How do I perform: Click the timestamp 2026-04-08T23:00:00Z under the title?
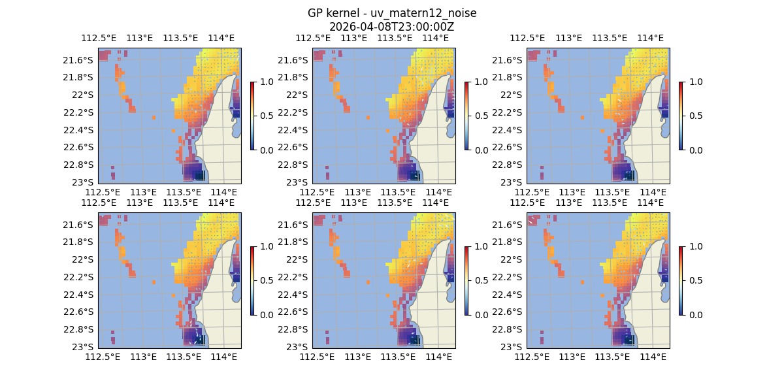[391, 27]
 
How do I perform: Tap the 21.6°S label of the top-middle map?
[292, 60]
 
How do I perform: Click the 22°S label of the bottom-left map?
[82, 259]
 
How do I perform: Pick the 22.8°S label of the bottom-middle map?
[292, 329]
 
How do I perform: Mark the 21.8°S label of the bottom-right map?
[506, 242]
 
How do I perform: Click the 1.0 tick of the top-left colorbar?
[265, 82]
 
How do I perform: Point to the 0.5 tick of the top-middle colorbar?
[480, 116]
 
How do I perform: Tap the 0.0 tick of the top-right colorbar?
[694, 150]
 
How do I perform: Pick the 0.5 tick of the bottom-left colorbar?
[265, 280]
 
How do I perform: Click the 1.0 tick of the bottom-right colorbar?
[694, 246]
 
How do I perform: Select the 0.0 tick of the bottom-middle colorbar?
[480, 314]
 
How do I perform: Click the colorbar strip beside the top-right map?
[681, 116]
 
